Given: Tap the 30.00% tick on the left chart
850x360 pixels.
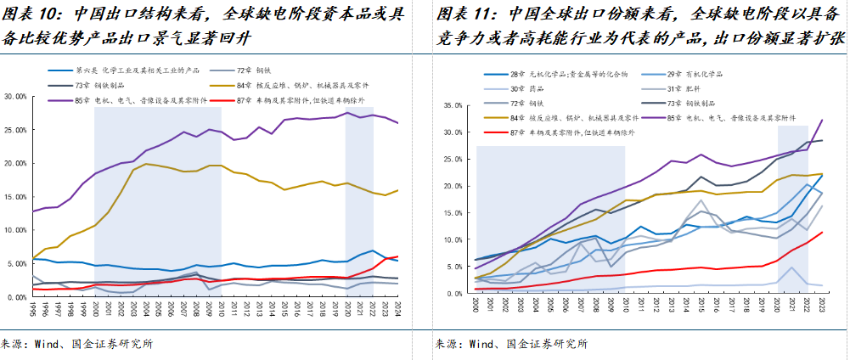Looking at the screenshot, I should [x=15, y=97].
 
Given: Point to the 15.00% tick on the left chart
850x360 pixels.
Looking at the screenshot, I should [x=15, y=197].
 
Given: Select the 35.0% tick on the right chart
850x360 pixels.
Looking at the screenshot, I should [x=450, y=106].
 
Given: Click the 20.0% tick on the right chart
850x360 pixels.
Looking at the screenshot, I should [x=450, y=186].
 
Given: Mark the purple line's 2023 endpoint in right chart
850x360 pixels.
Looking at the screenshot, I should [x=822, y=120].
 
